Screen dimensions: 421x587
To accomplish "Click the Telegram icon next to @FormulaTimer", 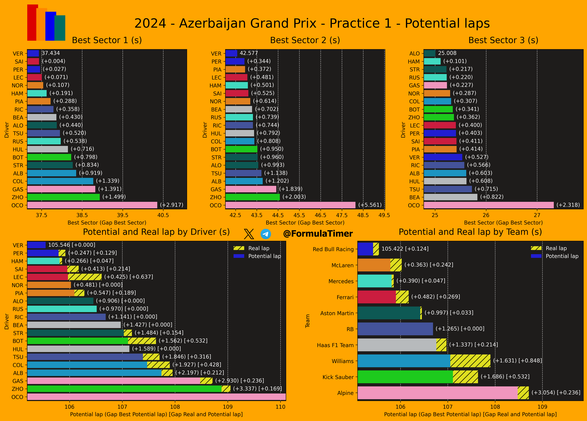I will (x=266, y=234).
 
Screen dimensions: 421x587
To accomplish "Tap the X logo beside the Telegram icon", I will (x=249, y=234).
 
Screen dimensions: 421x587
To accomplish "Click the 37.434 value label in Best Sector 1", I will (x=51, y=53).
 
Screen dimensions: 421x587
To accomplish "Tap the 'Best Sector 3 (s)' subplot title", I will (x=503, y=40).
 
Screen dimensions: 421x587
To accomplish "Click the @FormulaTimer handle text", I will (x=318, y=234).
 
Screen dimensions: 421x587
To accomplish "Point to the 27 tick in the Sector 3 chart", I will (x=537, y=215).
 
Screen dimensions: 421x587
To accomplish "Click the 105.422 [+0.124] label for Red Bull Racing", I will (x=405, y=249).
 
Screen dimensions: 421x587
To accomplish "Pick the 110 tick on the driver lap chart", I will (x=280, y=407).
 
